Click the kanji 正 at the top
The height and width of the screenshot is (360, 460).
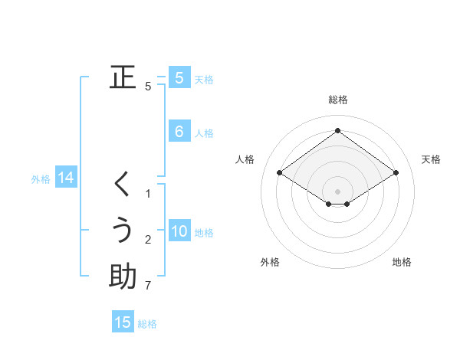(123, 77)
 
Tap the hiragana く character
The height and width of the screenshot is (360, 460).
(123, 185)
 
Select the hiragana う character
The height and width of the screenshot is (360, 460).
(123, 231)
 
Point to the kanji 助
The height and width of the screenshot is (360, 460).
(123, 277)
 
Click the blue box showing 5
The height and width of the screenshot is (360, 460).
(179, 77)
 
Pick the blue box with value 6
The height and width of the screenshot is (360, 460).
(179, 132)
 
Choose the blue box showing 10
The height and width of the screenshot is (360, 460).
(179, 231)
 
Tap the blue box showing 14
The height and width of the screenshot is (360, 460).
(66, 178)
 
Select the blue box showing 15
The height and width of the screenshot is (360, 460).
(123, 322)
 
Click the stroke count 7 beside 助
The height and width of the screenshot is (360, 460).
(148, 286)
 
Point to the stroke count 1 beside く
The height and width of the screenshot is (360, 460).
(148, 194)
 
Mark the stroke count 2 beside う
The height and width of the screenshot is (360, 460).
(148, 241)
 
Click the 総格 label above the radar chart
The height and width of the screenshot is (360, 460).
(338, 100)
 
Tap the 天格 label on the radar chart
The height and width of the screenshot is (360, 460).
(431, 159)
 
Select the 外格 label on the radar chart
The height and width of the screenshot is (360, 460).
(270, 262)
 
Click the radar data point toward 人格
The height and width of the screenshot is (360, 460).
(280, 173)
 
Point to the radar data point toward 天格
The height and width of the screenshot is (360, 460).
(396, 173)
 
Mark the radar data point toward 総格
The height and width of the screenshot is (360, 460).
(337, 130)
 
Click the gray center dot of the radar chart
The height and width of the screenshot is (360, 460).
(337, 191)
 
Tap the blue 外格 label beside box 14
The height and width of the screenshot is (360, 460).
(41, 179)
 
